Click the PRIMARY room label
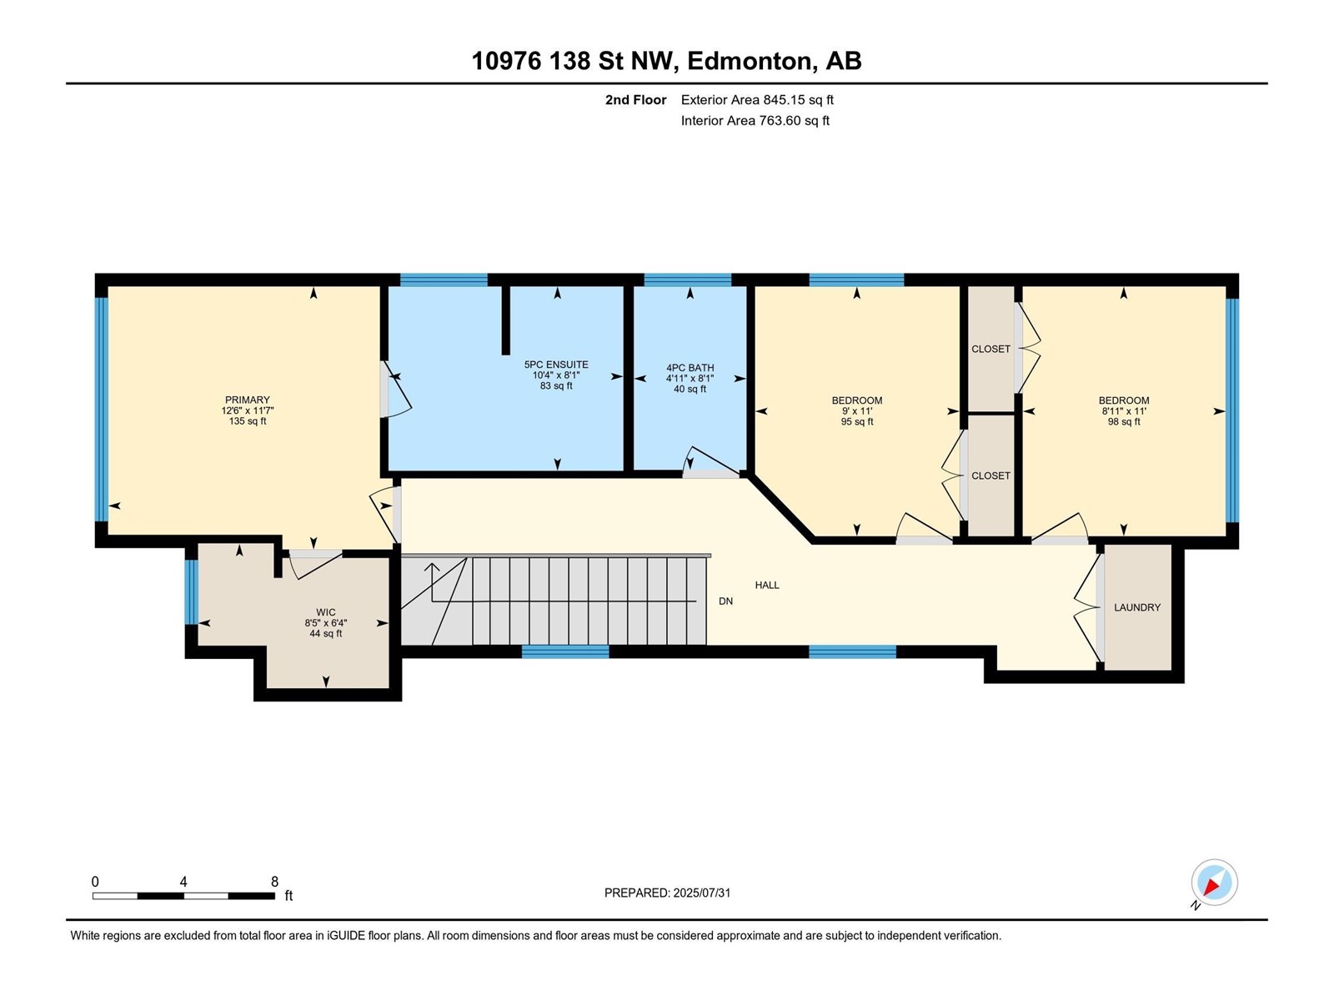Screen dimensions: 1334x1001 point(248,400)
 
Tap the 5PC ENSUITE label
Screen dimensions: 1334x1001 point(556,365)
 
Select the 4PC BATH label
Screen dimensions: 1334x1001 point(690,368)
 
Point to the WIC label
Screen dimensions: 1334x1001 point(326,612)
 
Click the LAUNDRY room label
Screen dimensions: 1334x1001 point(1137,607)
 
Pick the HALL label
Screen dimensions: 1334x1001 point(767,585)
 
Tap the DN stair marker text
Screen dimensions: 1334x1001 point(725,601)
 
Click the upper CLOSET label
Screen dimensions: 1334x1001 point(990,349)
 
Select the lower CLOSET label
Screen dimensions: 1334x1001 point(990,475)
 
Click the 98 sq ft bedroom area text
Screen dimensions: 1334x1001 point(1124,421)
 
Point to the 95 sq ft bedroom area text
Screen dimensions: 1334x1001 point(857,421)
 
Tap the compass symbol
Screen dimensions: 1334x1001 point(1214,882)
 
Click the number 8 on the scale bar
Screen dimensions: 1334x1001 point(274,881)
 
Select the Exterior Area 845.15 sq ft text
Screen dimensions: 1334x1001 point(757,99)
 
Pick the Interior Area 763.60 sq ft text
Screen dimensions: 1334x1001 point(755,120)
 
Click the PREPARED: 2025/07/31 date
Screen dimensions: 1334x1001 point(667,893)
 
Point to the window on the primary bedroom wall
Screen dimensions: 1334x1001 point(102,410)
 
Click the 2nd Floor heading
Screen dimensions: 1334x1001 point(635,99)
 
